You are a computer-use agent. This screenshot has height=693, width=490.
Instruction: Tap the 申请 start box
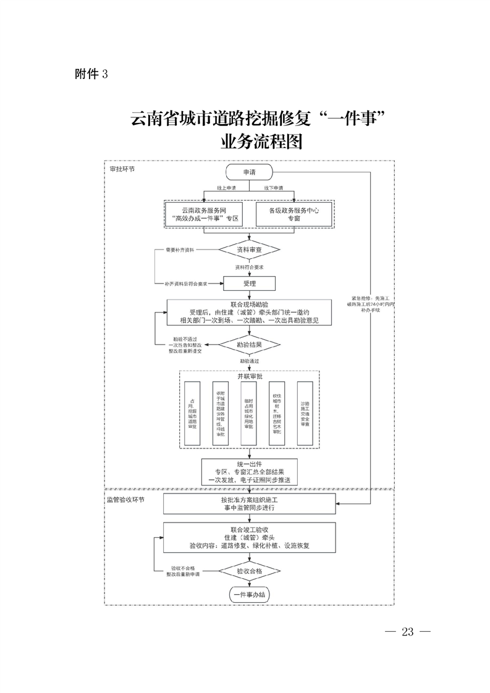click(249, 173)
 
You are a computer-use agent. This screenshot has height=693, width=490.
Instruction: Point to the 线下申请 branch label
click(273, 187)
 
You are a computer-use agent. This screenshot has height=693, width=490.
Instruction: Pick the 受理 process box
click(249, 283)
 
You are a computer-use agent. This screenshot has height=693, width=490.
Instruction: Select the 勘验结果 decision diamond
click(250, 344)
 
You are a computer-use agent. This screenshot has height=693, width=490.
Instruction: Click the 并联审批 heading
click(249, 376)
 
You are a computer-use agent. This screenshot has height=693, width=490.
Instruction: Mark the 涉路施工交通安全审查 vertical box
click(305, 413)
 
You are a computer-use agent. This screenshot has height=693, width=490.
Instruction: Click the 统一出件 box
click(249, 471)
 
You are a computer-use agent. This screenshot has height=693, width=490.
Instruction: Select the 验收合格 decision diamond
click(250, 571)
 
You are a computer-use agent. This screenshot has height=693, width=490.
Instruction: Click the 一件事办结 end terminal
click(249, 595)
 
